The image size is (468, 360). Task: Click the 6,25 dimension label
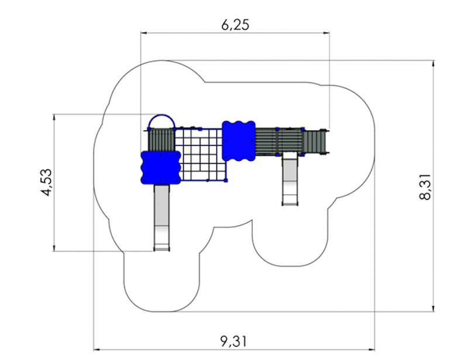click(x=235, y=25)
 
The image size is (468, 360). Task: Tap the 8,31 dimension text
click(x=425, y=187)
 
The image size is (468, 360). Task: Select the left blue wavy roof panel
click(x=160, y=167)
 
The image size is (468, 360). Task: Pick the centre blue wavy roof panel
click(x=239, y=140)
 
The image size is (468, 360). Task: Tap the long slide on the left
click(x=162, y=218)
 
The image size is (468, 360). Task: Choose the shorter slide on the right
click(x=290, y=179)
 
